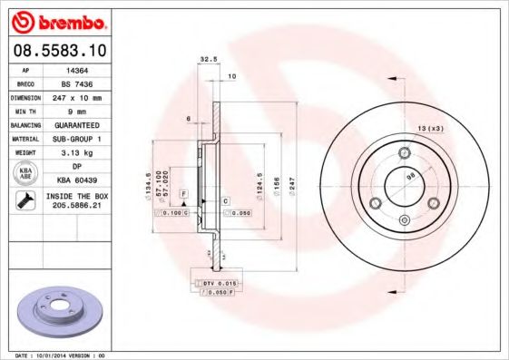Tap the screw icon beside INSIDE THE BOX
(24, 200)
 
